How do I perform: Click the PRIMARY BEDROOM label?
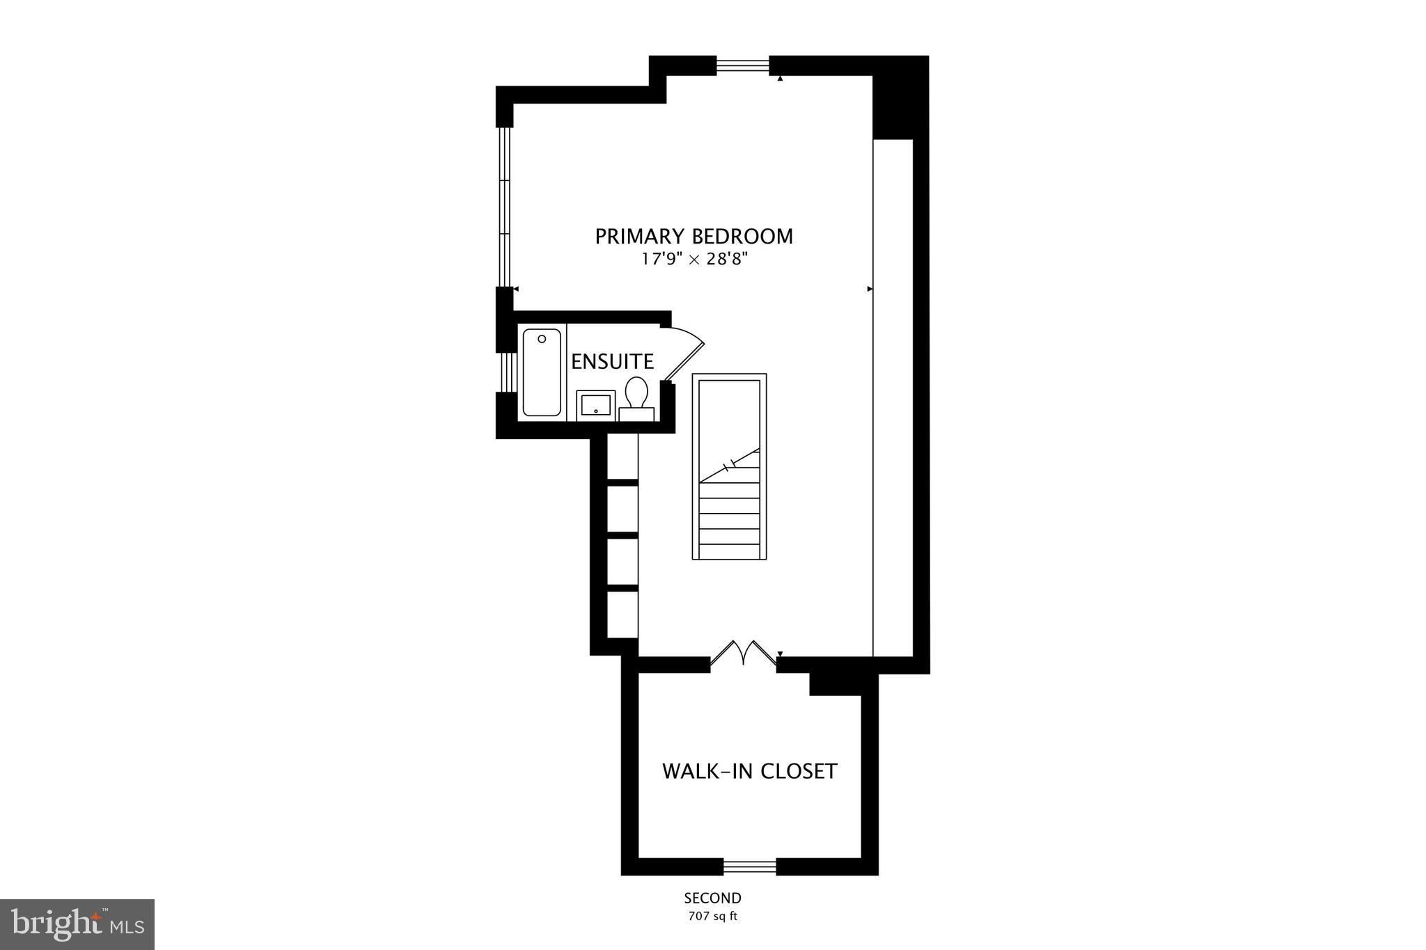coord(694,237)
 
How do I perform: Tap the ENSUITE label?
coord(612,362)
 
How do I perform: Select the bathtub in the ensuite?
coord(542,372)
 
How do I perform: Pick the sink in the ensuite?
coord(596,404)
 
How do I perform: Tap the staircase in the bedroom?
coord(729,466)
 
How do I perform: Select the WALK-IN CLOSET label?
coord(749,771)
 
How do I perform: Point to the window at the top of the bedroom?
coord(743,65)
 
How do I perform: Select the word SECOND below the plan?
coord(712,898)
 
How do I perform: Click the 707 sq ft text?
coord(712,917)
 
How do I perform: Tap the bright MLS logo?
coord(77,924)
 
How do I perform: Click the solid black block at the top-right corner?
coord(900,97)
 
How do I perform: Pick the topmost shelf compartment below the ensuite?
coord(622,456)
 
